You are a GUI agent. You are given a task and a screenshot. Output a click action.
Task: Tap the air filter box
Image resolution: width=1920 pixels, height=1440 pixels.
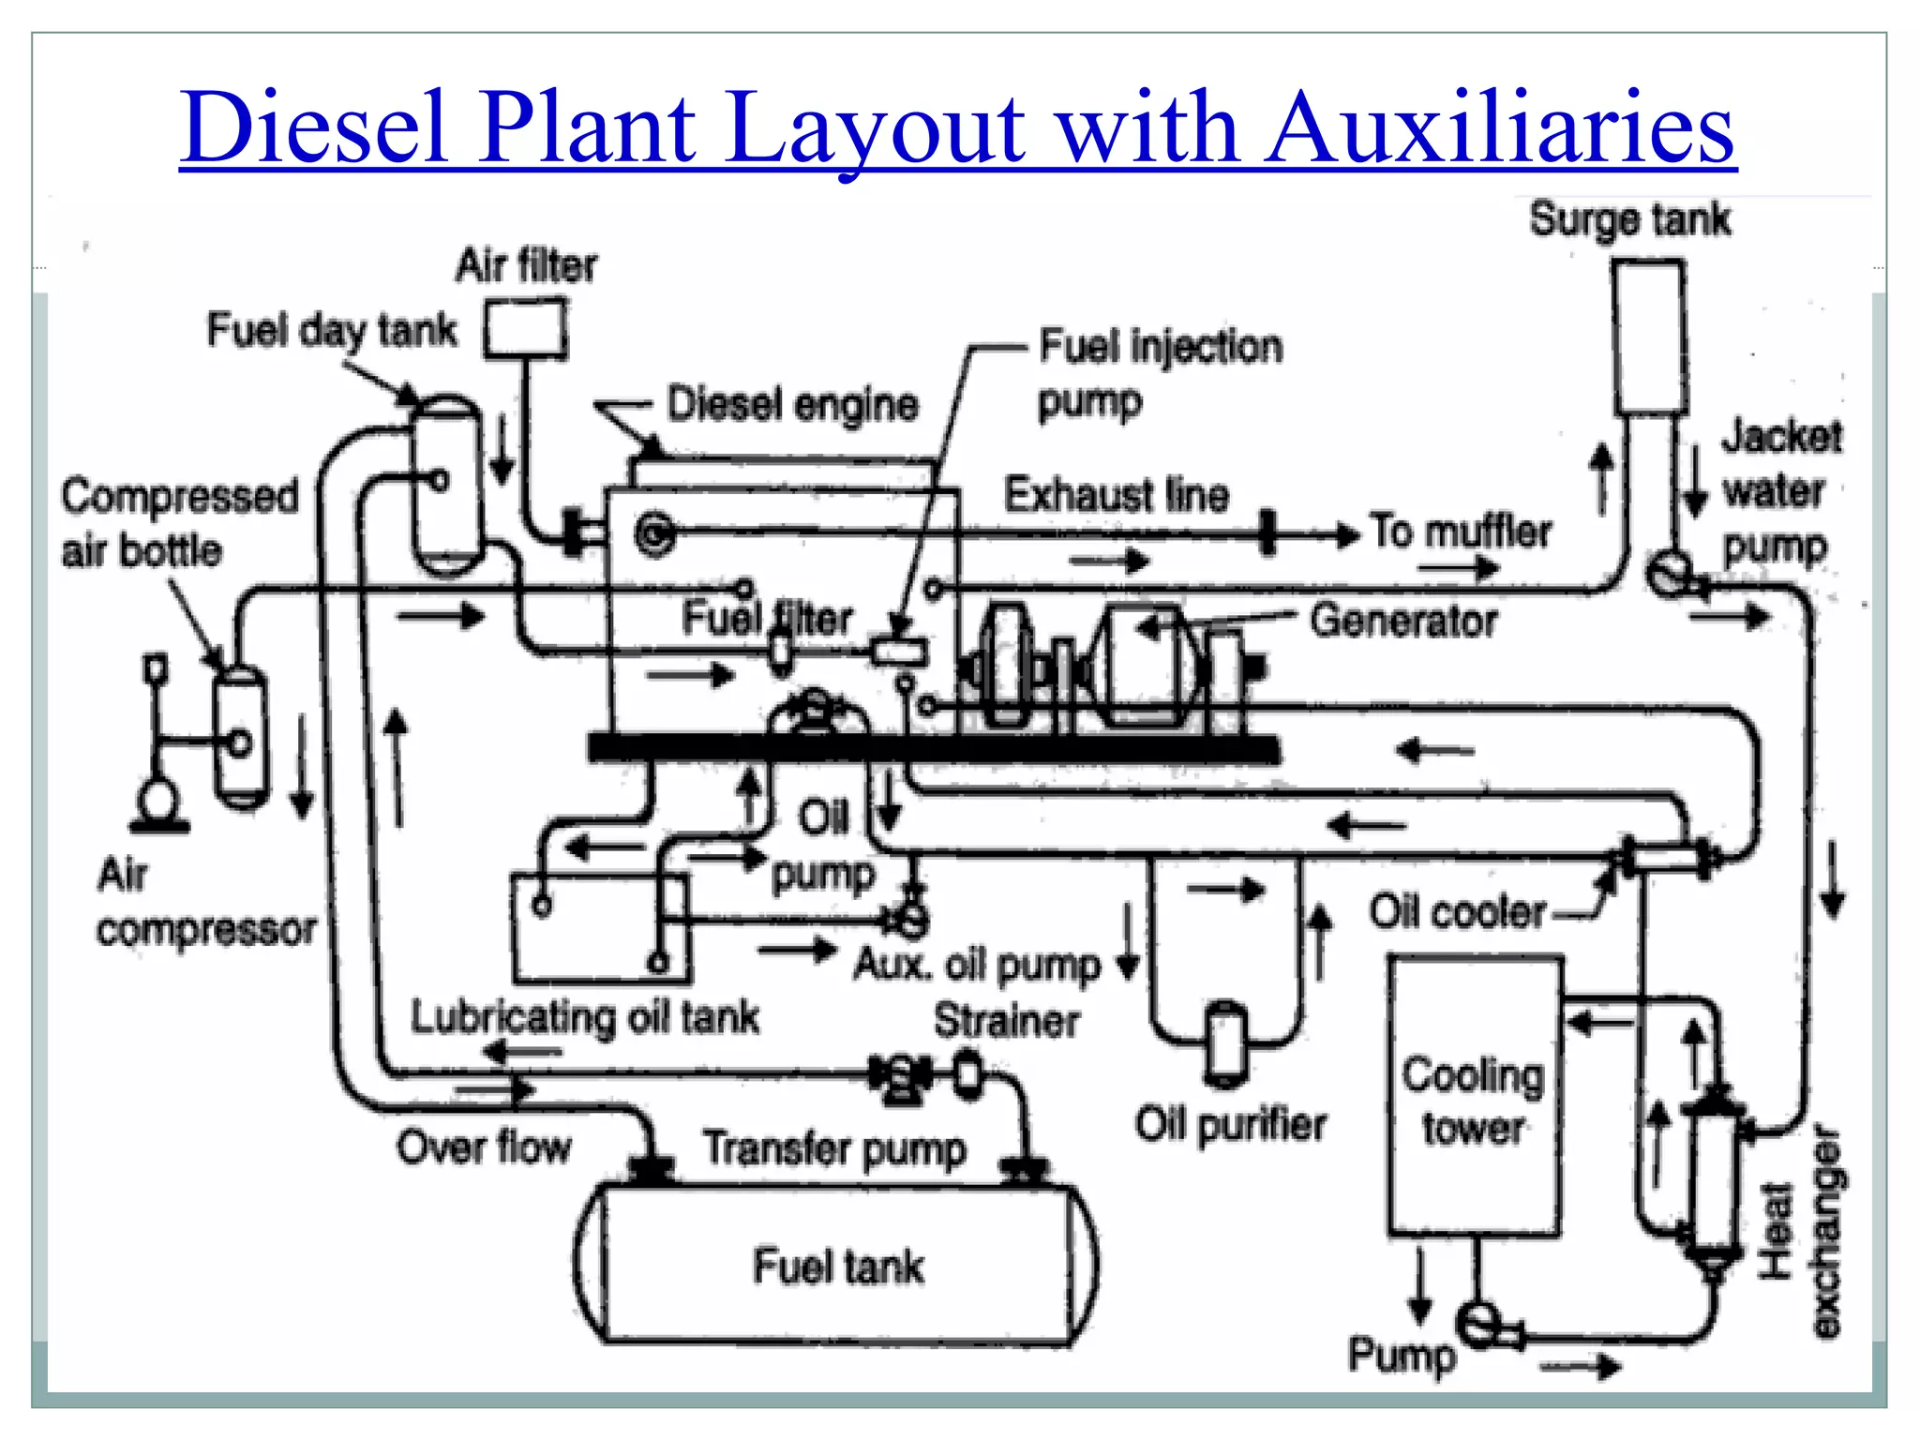pos(526,328)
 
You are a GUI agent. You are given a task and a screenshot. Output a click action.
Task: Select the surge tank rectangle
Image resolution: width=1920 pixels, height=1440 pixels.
pos(1650,337)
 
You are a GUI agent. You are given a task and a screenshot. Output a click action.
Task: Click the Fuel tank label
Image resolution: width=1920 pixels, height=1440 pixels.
pos(838,1267)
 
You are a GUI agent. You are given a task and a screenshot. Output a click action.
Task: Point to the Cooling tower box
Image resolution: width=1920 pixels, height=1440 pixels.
pos(1475,1097)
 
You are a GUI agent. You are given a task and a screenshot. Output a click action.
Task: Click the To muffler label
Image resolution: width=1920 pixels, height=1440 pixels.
pos(1462,532)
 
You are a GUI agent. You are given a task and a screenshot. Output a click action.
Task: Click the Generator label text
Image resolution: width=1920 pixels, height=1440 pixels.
pos(1403,621)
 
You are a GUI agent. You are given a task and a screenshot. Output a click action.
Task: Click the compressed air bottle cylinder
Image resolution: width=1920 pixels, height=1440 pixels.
pos(241,737)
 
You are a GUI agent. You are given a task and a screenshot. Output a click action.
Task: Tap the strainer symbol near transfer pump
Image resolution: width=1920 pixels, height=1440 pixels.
pos(967,1074)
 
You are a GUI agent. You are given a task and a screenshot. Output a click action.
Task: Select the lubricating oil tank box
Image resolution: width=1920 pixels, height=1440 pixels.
pos(600,928)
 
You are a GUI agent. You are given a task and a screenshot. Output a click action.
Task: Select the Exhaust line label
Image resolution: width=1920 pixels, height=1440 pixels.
pos(1116,495)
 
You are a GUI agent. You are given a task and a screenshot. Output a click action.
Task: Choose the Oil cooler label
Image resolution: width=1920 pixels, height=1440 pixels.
pos(1457,911)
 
